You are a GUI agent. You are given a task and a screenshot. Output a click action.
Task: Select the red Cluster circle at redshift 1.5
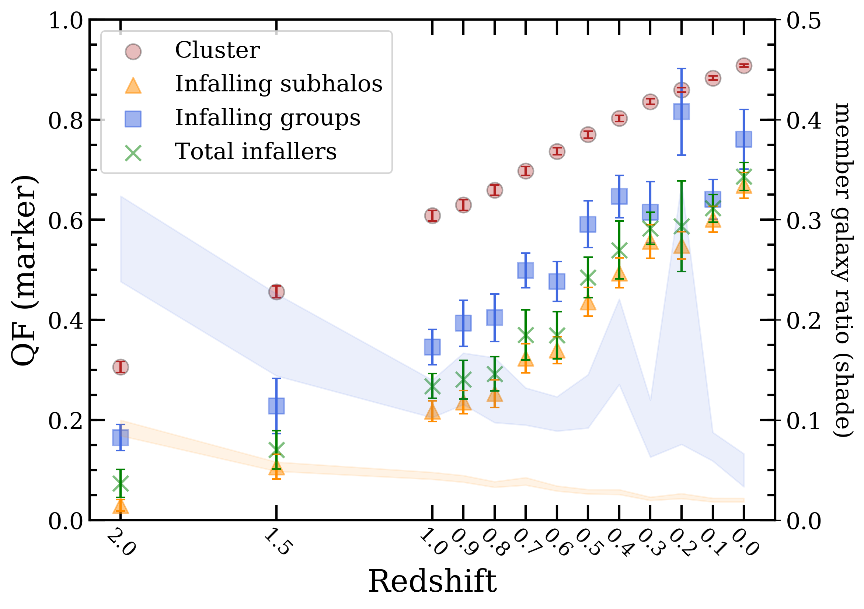[277, 292]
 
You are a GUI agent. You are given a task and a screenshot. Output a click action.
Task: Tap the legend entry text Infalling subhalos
[279, 84]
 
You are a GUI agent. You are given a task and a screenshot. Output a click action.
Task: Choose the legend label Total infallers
[256, 151]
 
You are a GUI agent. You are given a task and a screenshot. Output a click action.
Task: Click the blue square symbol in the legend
[133, 119]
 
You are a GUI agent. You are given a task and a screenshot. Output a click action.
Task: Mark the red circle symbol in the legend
[133, 52]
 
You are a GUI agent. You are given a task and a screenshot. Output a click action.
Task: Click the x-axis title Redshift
[433, 581]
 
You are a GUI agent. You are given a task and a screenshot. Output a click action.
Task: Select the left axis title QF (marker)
[24, 271]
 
